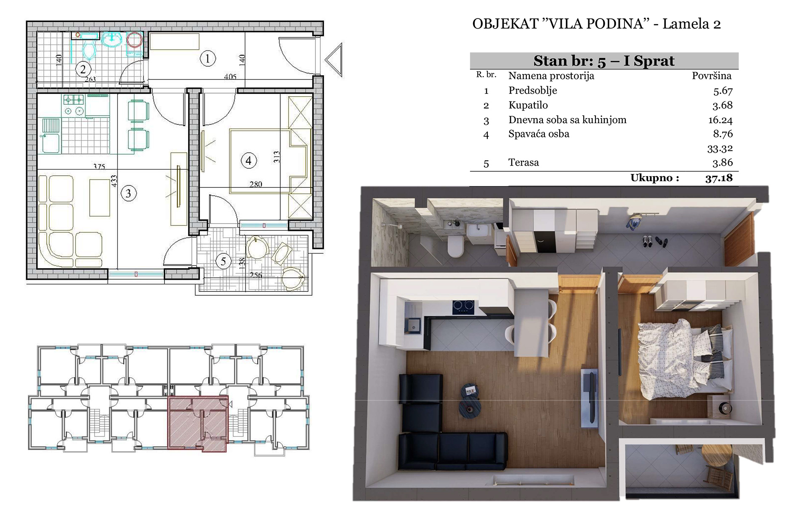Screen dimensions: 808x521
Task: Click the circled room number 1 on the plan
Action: [x=207, y=58]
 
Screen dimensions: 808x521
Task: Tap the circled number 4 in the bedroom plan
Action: [x=249, y=161]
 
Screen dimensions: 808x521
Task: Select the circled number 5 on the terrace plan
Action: [x=223, y=261]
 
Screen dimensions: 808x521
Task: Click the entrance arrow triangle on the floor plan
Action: [x=333, y=60]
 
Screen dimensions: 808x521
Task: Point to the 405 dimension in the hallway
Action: [x=230, y=77]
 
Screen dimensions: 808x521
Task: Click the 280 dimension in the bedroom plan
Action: [x=256, y=184]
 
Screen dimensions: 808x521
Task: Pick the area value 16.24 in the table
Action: [x=720, y=120]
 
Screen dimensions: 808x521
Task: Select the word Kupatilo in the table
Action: [x=528, y=105]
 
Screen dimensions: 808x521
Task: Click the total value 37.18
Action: [x=719, y=178]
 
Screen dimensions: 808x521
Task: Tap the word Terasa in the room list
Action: [x=524, y=162]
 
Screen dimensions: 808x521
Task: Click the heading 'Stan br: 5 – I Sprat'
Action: [x=604, y=61]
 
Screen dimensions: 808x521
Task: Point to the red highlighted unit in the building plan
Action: [x=197, y=423]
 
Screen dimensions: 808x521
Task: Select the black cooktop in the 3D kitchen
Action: [x=463, y=307]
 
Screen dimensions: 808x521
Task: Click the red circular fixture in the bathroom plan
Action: [x=134, y=40]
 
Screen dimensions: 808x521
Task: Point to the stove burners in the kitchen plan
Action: [x=74, y=105]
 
